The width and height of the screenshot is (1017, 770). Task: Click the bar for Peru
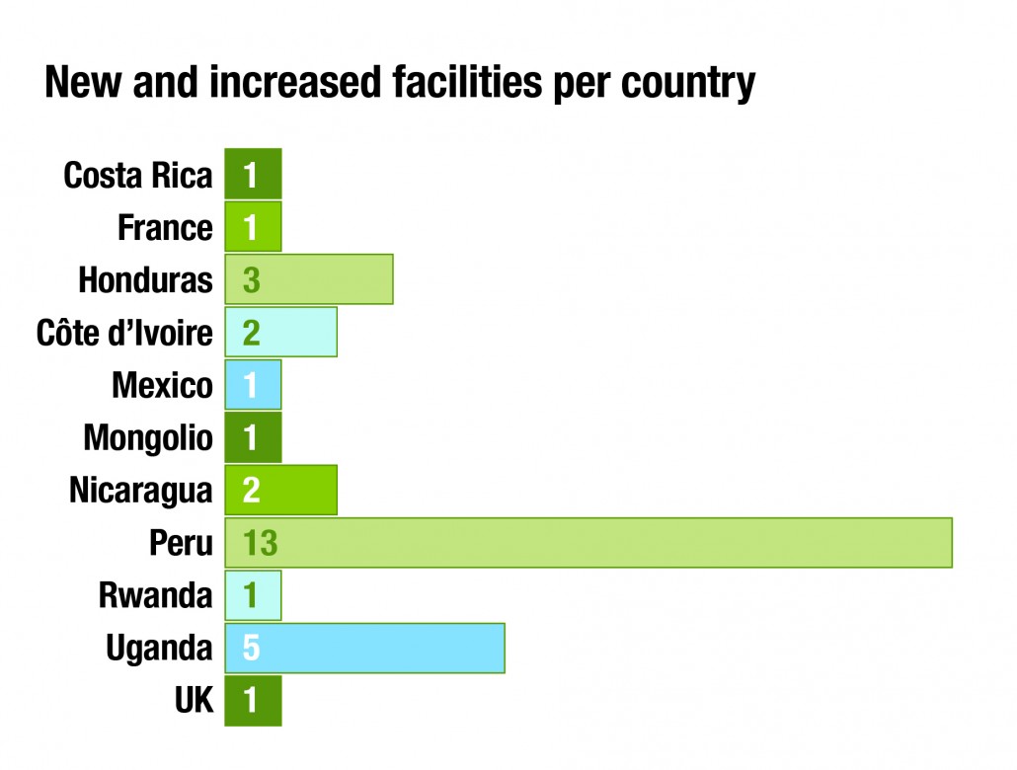point(588,542)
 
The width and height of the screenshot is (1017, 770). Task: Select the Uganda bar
point(365,648)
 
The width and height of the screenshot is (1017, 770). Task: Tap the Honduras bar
point(309,279)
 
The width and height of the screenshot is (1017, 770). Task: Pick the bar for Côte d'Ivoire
point(281,332)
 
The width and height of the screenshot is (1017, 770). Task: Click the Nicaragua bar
point(281,490)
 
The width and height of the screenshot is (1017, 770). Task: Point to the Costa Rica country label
point(138,176)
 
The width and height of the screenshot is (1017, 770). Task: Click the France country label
point(165,228)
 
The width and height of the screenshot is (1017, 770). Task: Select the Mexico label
point(162,385)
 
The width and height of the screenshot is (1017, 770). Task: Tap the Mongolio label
point(148,437)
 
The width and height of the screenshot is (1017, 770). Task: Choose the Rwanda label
point(155,595)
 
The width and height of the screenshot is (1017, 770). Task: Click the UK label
point(194,700)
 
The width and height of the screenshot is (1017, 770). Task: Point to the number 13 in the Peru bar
point(261,543)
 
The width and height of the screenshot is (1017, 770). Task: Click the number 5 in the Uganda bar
point(251,649)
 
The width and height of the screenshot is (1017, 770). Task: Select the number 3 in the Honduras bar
point(251,280)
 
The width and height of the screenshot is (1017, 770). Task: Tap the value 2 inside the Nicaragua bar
point(251,491)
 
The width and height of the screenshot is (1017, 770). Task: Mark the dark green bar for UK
point(253,700)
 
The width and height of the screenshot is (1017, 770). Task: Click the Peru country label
point(181,543)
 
